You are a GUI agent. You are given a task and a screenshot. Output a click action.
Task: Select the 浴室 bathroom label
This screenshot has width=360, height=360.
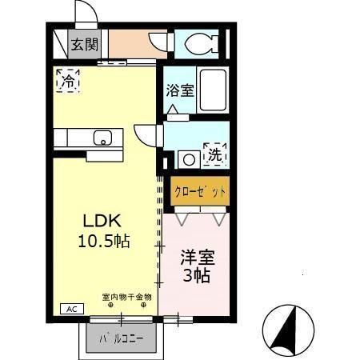pyautogui.click(x=179, y=90)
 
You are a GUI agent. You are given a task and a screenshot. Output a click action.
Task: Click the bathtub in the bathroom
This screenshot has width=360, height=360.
pyautogui.click(x=213, y=90)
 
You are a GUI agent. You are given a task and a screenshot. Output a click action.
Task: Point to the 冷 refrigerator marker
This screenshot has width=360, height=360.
pyautogui.click(x=69, y=80)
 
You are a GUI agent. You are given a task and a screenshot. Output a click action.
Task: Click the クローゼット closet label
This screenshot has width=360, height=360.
pyautogui.click(x=200, y=193)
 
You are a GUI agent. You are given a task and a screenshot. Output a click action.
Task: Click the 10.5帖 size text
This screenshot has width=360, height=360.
pyautogui.click(x=104, y=241)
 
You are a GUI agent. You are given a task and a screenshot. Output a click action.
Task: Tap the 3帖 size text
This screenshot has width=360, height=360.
pyautogui.click(x=196, y=277)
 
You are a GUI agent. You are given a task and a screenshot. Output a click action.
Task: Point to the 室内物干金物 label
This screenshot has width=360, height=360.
pyautogui.click(x=126, y=298)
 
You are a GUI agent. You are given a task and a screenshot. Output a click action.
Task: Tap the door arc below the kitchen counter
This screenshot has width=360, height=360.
pyautogui.click(x=145, y=136)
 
